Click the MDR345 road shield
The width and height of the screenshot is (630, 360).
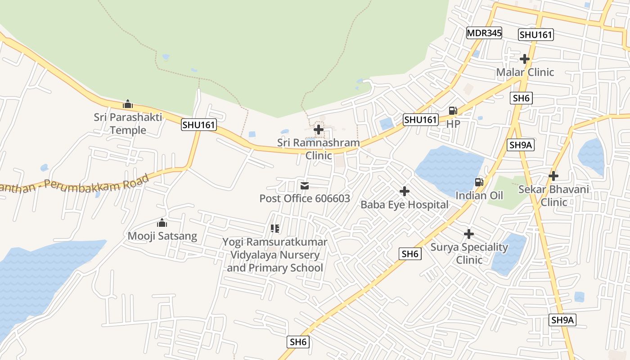(x=484, y=33)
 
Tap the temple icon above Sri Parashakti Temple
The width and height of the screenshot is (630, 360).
(x=128, y=104)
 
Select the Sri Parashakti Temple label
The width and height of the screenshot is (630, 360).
(x=128, y=124)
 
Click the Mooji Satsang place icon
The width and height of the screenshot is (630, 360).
(x=162, y=223)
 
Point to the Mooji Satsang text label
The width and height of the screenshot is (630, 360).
(x=162, y=236)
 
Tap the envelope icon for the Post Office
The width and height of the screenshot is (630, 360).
(x=305, y=185)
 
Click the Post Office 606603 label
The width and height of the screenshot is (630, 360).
(x=305, y=198)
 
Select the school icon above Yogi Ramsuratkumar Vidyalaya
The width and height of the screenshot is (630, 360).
(x=275, y=229)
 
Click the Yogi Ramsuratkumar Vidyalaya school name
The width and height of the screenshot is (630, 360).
(x=275, y=255)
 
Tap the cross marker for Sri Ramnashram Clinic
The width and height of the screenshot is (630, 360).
(x=319, y=130)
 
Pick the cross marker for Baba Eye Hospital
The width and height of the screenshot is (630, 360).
(x=405, y=191)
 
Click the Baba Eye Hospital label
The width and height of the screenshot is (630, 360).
(x=405, y=205)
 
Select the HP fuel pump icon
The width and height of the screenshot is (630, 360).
(x=453, y=111)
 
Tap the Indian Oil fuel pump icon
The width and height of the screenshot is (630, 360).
(x=479, y=182)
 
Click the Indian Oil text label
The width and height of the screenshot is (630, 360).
(x=479, y=196)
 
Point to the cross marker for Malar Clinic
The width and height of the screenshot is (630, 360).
(x=525, y=59)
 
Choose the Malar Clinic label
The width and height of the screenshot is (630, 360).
(x=525, y=72)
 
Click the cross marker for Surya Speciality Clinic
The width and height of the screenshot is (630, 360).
(x=469, y=234)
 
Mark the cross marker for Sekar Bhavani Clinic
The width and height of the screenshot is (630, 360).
(x=553, y=176)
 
